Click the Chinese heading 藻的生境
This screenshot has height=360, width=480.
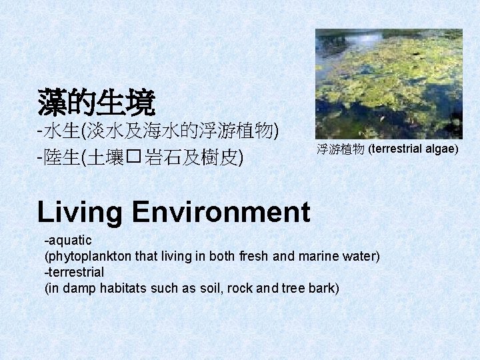coord(96,103)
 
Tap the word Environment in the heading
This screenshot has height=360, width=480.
coord(221,212)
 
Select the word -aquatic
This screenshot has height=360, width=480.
coord(67,240)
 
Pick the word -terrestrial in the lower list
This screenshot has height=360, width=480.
coord(73,272)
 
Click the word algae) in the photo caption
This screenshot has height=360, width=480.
coord(441,147)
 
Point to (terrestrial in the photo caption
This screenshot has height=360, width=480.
coord(397,147)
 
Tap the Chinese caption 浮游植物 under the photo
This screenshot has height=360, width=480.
coord(341,148)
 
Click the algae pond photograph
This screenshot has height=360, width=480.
coord(389,83)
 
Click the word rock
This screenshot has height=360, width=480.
coord(262,288)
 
